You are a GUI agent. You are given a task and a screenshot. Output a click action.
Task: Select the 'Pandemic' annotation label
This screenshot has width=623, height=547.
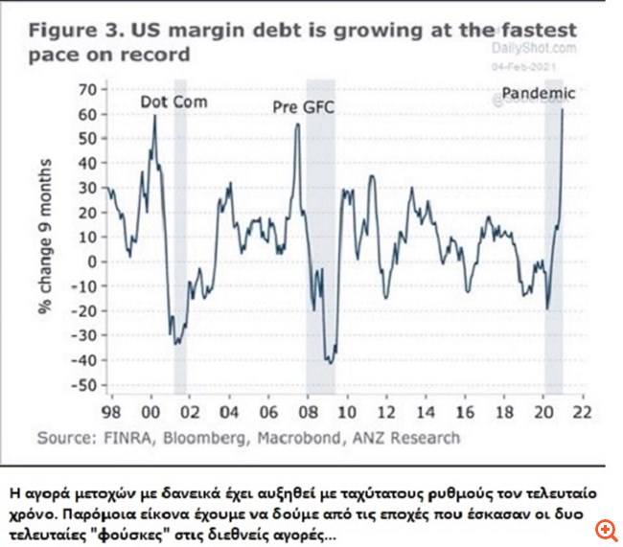[x=539, y=93]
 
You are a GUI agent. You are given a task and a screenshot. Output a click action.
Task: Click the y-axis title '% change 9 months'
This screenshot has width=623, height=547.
[x=45, y=238]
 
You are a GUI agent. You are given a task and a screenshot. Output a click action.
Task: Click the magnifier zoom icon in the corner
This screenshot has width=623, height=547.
[x=605, y=530]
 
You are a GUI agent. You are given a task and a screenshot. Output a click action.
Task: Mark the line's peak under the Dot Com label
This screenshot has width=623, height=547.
[x=154, y=116]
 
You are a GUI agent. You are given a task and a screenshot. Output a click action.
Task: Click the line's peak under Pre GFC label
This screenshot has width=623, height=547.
[x=298, y=124]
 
